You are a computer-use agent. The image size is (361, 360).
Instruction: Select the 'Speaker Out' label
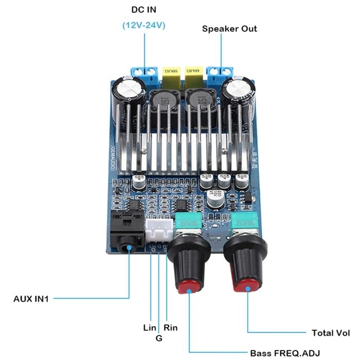click(229, 28)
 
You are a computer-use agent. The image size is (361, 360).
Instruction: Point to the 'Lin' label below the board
click(150, 328)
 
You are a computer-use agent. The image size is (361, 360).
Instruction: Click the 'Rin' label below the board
click(171, 328)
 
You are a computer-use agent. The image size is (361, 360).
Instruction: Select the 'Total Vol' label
click(331, 333)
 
